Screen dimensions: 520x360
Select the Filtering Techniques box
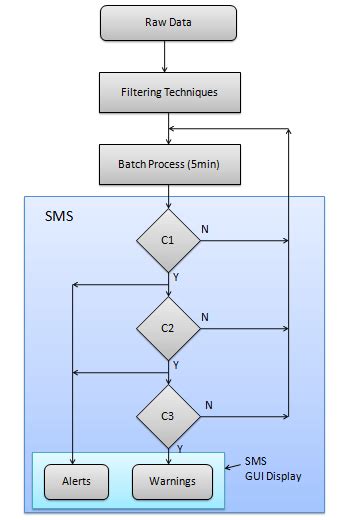coord(168,93)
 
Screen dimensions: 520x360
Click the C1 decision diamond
coord(168,240)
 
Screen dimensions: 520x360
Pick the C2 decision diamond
coord(168,328)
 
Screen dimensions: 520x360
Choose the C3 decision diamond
coord(168,413)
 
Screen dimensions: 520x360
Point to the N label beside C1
coord(206,229)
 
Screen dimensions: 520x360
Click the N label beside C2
coord(206,317)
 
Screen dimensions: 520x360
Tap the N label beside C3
coord(208,404)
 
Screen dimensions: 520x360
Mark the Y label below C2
coord(176,366)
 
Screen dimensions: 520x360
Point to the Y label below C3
coord(180,449)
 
